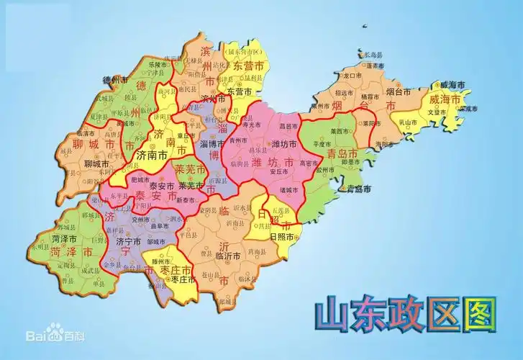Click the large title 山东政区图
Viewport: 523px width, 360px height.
406,315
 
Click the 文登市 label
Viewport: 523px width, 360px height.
438,112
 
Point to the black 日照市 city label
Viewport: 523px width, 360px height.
281,235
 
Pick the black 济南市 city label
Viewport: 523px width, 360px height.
152,155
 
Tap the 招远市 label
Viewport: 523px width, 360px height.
345,93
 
